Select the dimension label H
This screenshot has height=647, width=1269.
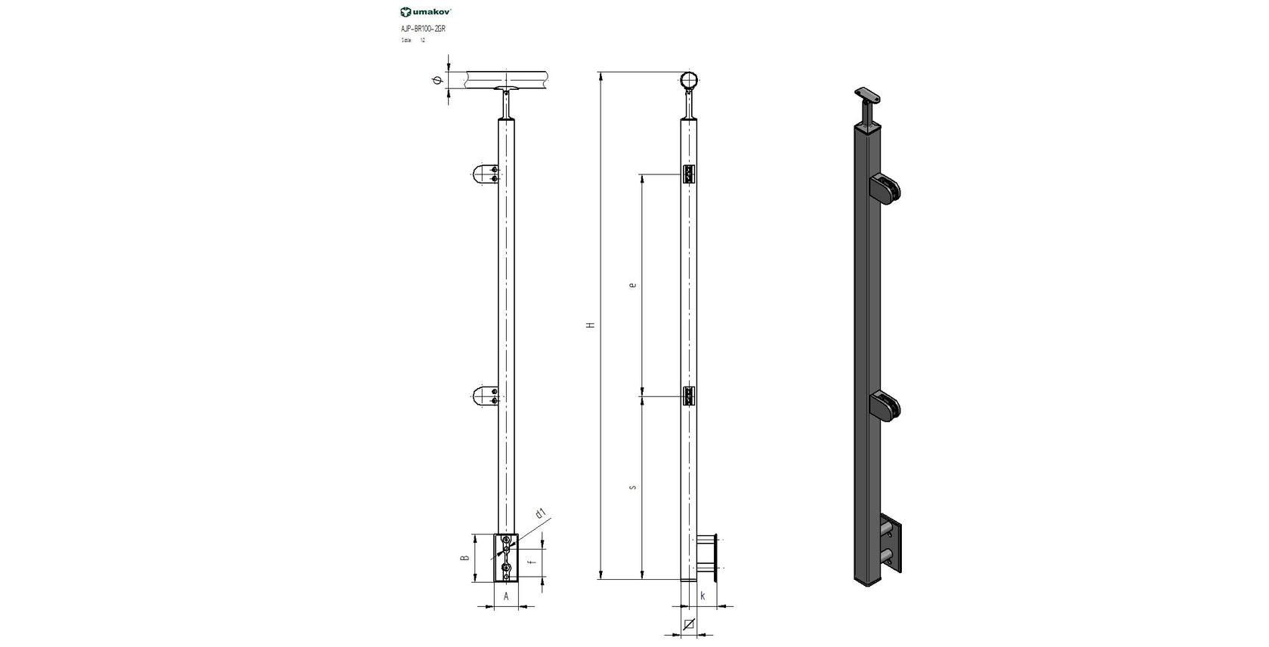591,325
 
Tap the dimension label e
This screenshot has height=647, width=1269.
632,285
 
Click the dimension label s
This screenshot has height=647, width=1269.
632,487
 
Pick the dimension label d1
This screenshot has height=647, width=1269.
540,514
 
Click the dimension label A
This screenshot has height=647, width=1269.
506,596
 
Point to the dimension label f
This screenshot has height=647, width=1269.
532,562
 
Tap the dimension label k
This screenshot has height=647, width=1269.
702,596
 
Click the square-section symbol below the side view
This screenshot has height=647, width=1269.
688,624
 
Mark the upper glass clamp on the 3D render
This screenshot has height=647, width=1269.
885,189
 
